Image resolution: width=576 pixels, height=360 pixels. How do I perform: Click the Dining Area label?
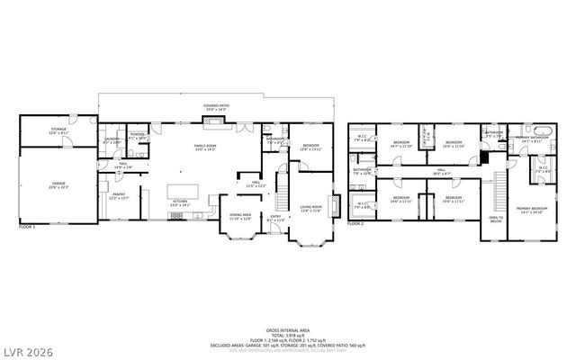pos(240,216)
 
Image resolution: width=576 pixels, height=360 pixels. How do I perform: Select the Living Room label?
pos(311,208)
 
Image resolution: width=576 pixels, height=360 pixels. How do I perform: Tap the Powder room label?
pos(137,136)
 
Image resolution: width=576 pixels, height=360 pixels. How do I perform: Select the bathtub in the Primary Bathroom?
pos(540,138)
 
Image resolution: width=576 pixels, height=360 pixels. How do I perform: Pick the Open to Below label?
pos(496,219)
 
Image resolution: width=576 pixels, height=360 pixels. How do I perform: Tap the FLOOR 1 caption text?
pos(28,228)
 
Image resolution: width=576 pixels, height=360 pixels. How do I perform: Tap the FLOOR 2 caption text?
pos(355,222)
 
